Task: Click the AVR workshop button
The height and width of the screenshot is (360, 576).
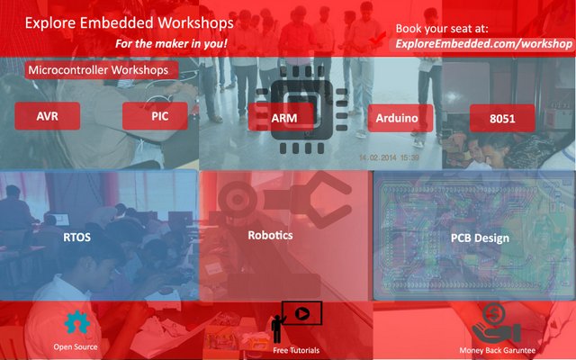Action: click(48, 116)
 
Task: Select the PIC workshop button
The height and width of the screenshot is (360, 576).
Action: click(155, 116)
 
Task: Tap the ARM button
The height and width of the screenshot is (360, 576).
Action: click(281, 117)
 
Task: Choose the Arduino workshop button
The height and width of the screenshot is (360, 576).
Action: click(400, 118)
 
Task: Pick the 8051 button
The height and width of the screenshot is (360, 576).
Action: click(502, 118)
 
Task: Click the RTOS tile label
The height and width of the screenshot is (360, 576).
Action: click(76, 238)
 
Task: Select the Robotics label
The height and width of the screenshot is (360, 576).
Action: click(270, 235)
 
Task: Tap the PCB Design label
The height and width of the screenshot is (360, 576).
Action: click(480, 238)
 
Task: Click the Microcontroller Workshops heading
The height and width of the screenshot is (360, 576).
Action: click(102, 70)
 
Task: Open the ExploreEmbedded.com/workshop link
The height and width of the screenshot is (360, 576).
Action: click(483, 44)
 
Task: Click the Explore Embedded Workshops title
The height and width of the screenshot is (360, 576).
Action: click(129, 22)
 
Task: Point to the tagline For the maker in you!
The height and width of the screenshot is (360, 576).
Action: click(171, 44)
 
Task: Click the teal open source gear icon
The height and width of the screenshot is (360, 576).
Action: click(76, 322)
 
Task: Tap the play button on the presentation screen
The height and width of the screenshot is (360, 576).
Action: click(302, 313)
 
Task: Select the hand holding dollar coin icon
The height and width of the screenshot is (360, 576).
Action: click(496, 323)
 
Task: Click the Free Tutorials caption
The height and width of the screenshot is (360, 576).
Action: click(296, 350)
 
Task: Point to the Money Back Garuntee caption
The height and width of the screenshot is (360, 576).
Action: click(498, 350)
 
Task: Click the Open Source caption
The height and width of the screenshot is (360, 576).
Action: click(76, 346)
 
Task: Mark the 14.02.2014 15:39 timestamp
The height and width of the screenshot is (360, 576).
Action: click(389, 157)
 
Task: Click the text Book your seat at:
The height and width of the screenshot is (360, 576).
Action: click(442, 29)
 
